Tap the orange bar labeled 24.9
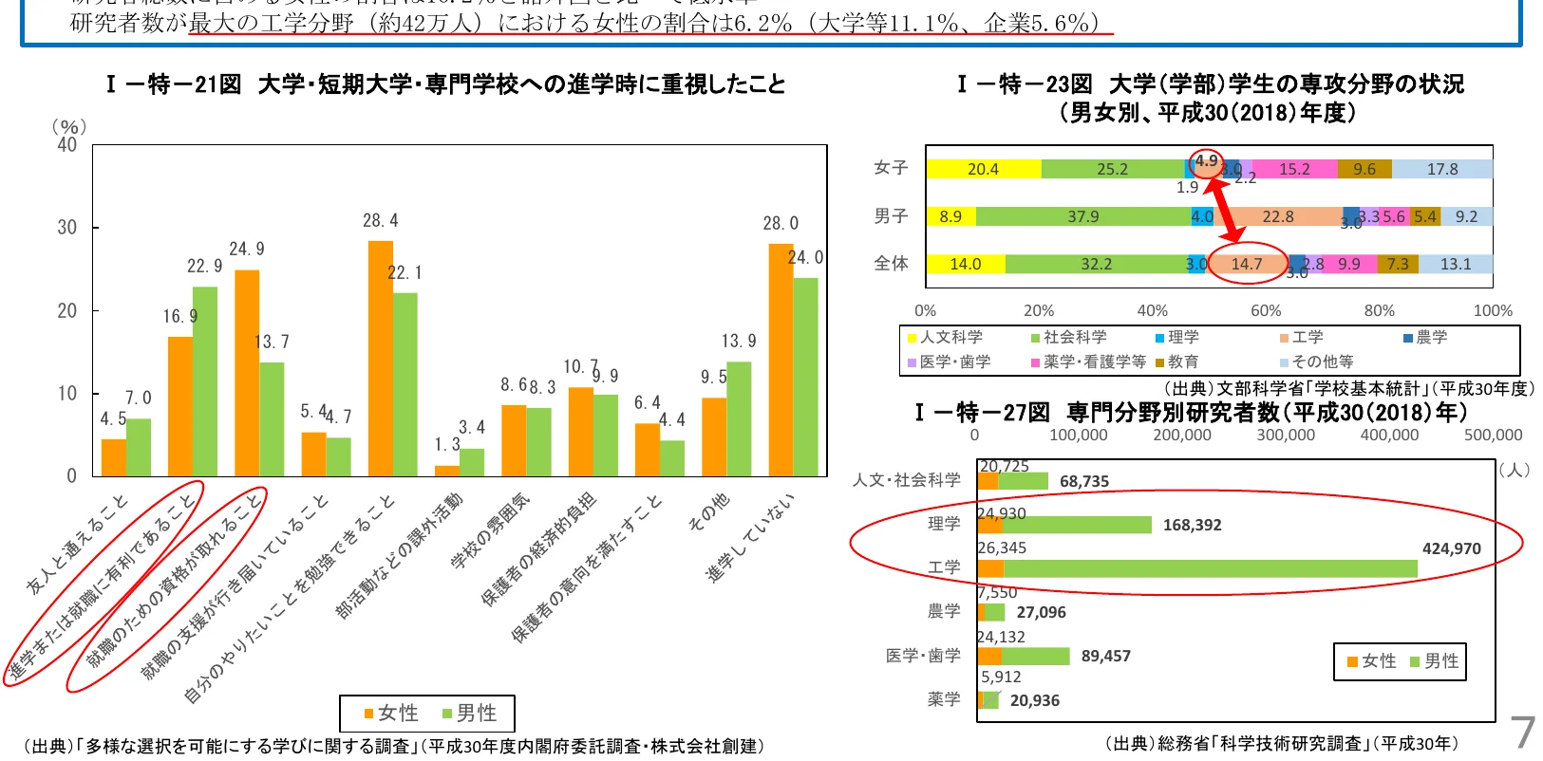click(247, 373)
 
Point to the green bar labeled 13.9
click(739, 418)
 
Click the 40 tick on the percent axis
click(66, 145)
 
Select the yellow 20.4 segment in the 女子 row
click(983, 169)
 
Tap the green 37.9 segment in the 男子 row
click(1082, 216)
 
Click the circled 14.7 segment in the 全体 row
click(1246, 264)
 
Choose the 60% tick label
click(1265, 310)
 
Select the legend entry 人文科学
click(950, 337)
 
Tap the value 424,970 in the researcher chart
click(1451, 548)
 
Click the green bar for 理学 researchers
click(1077, 525)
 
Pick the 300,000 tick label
click(1285, 435)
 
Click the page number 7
click(1522, 732)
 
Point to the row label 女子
click(891, 168)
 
